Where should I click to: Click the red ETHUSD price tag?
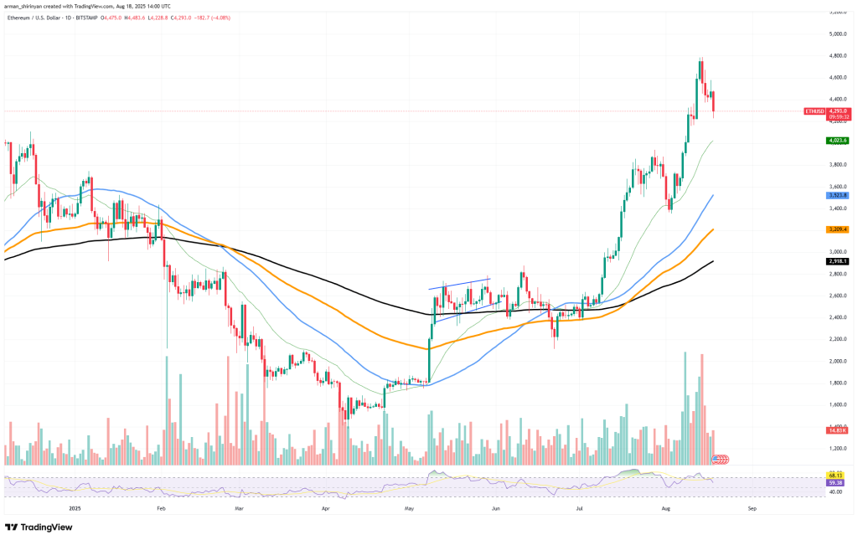(815, 111)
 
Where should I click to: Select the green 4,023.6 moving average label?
(838, 141)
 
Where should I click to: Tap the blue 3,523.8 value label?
(838, 194)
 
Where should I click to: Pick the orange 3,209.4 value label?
(838, 229)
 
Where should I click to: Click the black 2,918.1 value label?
(838, 261)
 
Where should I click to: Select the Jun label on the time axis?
(496, 507)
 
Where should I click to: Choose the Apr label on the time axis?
(325, 507)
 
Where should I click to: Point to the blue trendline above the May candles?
(459, 284)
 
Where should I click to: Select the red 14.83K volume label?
(838, 429)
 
